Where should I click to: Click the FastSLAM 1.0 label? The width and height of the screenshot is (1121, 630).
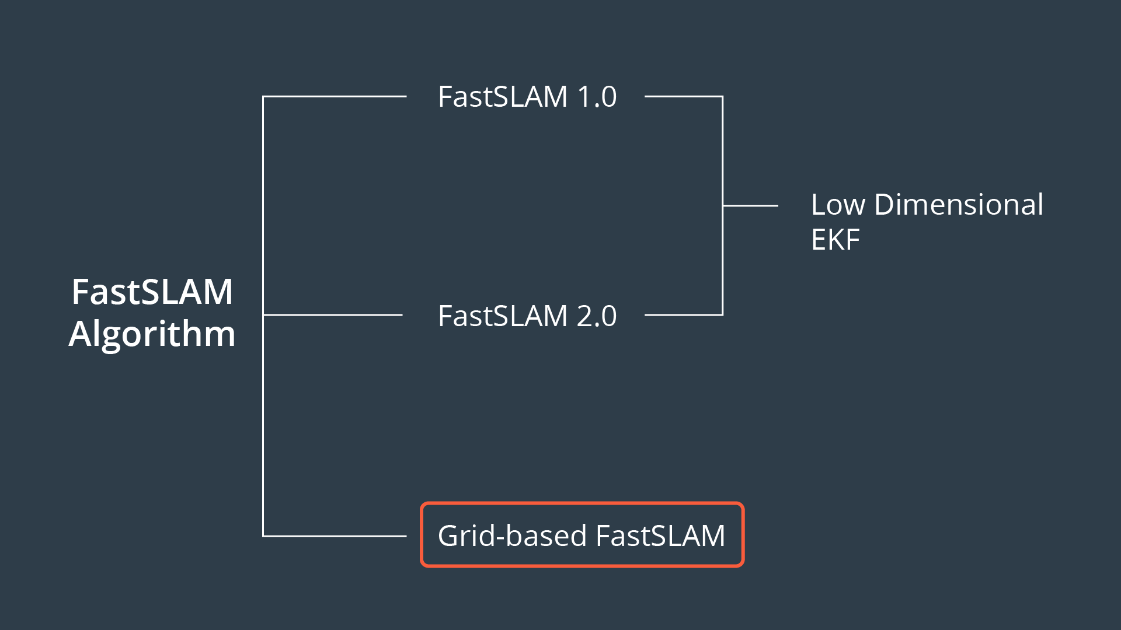527,97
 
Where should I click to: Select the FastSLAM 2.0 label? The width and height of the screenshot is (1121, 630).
527,316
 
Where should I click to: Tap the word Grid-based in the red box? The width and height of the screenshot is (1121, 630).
512,535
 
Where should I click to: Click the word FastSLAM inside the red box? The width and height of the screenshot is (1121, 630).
660,535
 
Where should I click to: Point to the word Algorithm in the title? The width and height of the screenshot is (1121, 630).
152,334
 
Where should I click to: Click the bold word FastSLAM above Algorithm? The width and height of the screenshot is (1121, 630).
152,292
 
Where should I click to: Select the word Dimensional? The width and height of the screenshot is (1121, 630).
959,205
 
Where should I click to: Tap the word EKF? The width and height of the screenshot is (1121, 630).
835,240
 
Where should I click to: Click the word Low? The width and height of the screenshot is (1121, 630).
838,205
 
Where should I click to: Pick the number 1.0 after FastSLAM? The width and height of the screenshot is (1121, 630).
597,97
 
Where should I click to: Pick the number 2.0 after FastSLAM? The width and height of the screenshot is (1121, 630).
597,316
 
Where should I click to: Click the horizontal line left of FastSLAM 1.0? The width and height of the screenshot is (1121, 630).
335,96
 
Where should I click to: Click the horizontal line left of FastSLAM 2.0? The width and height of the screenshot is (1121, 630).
333,315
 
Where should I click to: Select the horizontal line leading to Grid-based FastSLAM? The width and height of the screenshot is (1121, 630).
335,536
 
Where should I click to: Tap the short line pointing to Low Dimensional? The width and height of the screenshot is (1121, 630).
751,205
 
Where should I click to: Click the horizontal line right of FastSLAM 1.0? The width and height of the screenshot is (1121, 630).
683,96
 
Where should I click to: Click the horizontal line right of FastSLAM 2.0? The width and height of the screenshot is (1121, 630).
683,315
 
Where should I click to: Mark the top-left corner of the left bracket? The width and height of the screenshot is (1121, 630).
263,97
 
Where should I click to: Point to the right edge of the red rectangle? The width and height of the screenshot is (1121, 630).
743,534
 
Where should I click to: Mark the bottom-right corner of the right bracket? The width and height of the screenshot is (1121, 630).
722,314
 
